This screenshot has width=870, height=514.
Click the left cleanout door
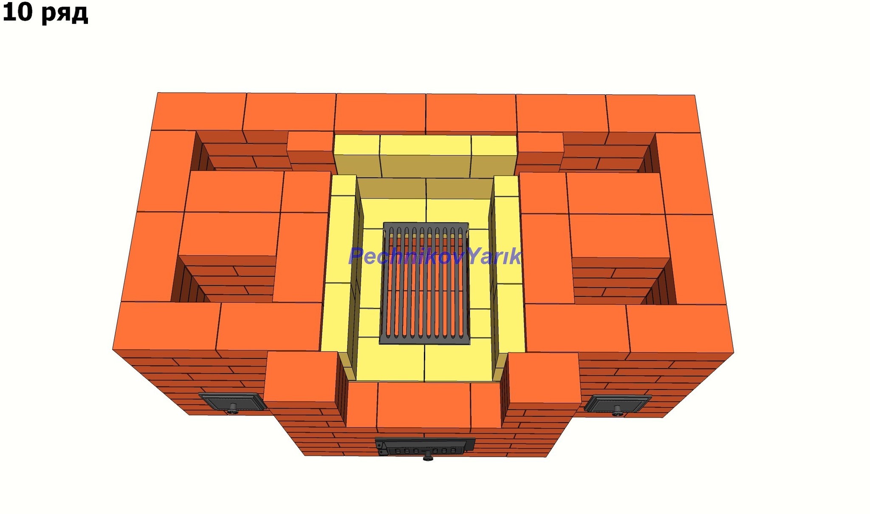(232, 402)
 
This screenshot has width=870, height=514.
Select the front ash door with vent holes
(425, 446)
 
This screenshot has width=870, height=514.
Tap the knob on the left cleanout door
(232, 409)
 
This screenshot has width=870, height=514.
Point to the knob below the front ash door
(428, 457)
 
